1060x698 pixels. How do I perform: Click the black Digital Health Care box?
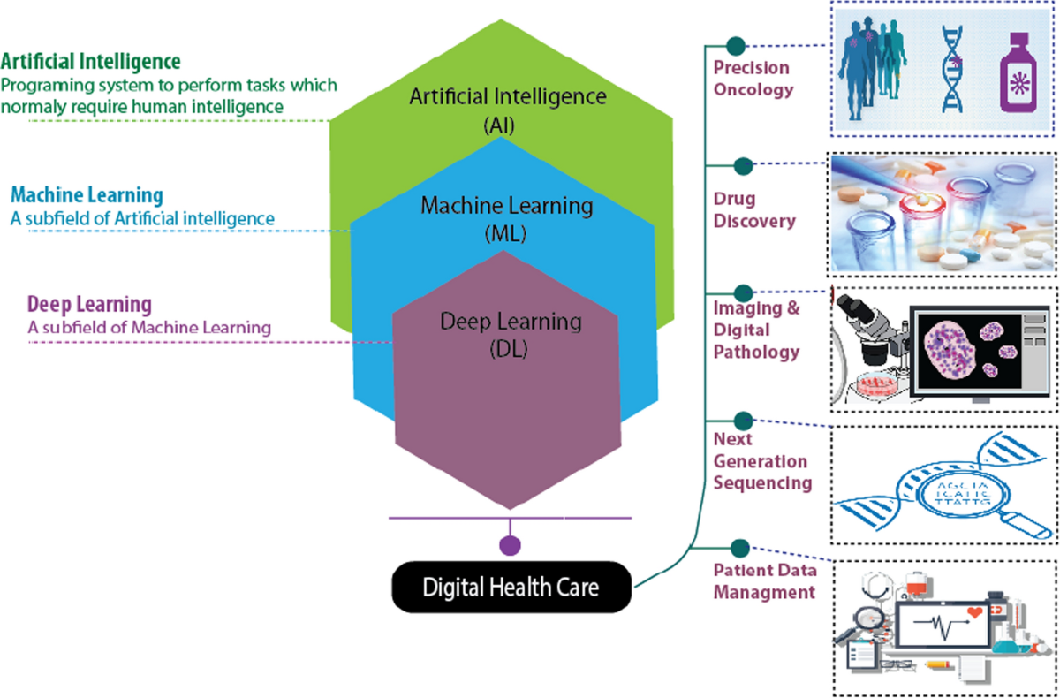point(511,587)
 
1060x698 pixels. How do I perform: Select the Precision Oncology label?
point(753,78)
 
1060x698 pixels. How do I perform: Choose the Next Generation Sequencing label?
point(761,461)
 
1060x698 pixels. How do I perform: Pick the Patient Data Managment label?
point(764,580)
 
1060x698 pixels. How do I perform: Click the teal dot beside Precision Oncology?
point(734,45)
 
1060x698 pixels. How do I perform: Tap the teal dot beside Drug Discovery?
point(744,166)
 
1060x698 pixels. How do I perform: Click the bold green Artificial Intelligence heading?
point(91,62)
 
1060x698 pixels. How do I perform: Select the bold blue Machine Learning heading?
point(87,194)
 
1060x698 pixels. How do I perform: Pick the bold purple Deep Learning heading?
point(89,305)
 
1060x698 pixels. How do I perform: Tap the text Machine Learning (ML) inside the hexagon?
point(505,218)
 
